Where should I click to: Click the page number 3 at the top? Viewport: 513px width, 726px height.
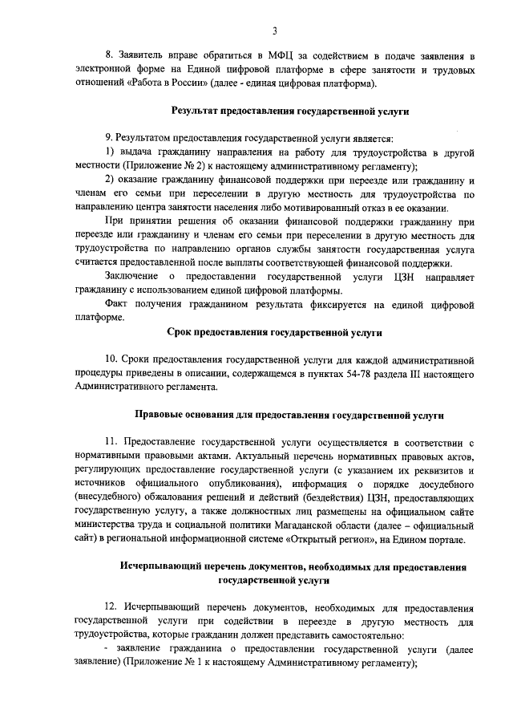point(274,31)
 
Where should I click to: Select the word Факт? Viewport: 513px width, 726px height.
point(118,304)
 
